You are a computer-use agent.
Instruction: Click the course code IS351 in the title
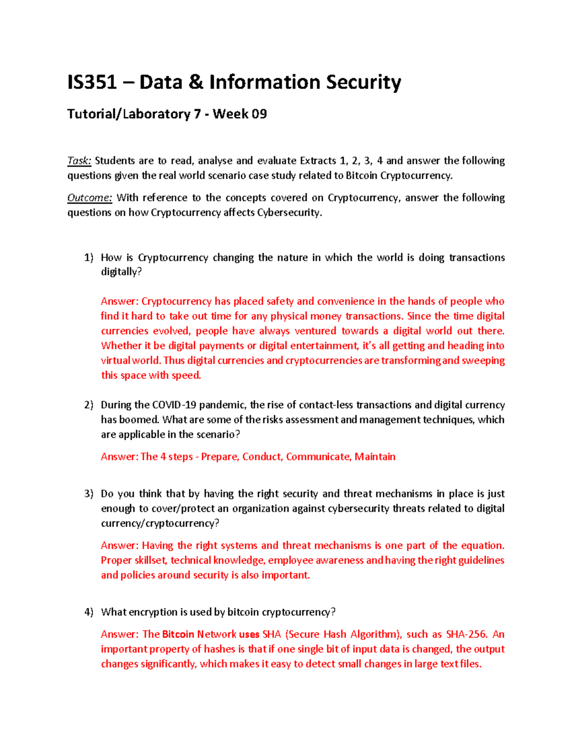92,82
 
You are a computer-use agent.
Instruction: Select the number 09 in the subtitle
259,114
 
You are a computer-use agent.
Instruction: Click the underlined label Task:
79,161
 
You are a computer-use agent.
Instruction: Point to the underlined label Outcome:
90,198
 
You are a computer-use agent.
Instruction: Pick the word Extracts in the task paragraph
318,161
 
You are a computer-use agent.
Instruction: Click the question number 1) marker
89,258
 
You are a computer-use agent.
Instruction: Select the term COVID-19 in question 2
174,405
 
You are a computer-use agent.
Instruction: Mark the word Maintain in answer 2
375,456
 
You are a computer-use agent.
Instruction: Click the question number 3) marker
89,494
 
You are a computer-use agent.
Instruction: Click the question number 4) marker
89,612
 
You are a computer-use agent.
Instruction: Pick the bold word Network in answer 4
216,634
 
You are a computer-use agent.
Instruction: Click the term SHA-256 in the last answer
467,634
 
